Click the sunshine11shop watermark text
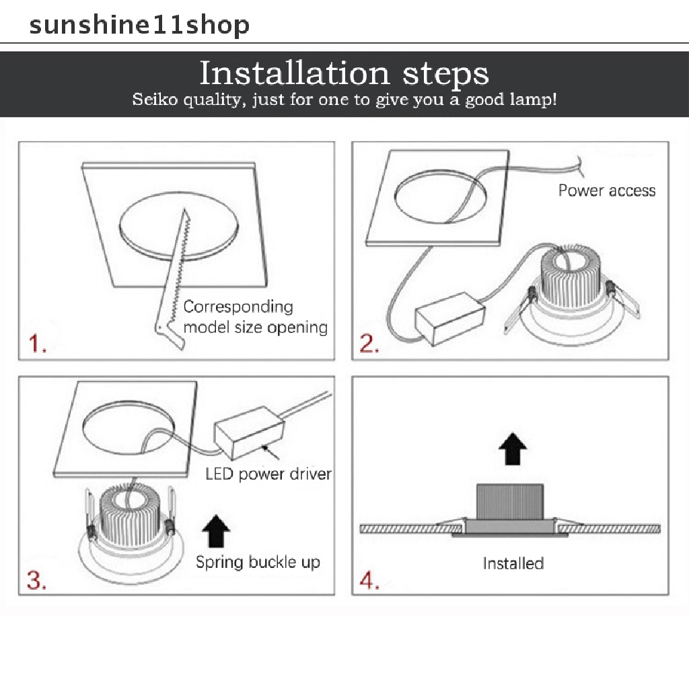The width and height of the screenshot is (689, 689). pyautogui.click(x=139, y=26)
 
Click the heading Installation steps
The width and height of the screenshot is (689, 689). pyautogui.click(x=344, y=73)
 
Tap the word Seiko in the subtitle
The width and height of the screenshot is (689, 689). pyautogui.click(x=155, y=100)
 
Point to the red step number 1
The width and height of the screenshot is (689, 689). pyautogui.click(x=38, y=343)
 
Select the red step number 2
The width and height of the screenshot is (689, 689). pyautogui.click(x=369, y=343)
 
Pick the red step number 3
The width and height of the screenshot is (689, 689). pyautogui.click(x=36, y=580)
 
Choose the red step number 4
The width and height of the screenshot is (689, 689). pyautogui.click(x=369, y=580)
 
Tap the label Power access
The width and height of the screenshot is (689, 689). pyautogui.click(x=607, y=190)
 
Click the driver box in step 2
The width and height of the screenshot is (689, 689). pyautogui.click(x=450, y=318)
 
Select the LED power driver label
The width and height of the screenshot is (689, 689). pyautogui.click(x=268, y=474)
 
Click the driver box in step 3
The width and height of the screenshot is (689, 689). pyautogui.click(x=249, y=433)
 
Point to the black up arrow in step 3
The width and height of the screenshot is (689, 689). pyautogui.click(x=216, y=531)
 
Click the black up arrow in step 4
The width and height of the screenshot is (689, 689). pyautogui.click(x=512, y=449)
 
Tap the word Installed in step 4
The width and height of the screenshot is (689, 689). pyautogui.click(x=513, y=563)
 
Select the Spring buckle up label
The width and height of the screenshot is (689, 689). pyautogui.click(x=258, y=563)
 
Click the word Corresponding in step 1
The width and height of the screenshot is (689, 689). pyautogui.click(x=238, y=307)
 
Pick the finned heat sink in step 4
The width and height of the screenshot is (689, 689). pyautogui.click(x=510, y=501)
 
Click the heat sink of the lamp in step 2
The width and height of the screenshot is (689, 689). pyautogui.click(x=570, y=277)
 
